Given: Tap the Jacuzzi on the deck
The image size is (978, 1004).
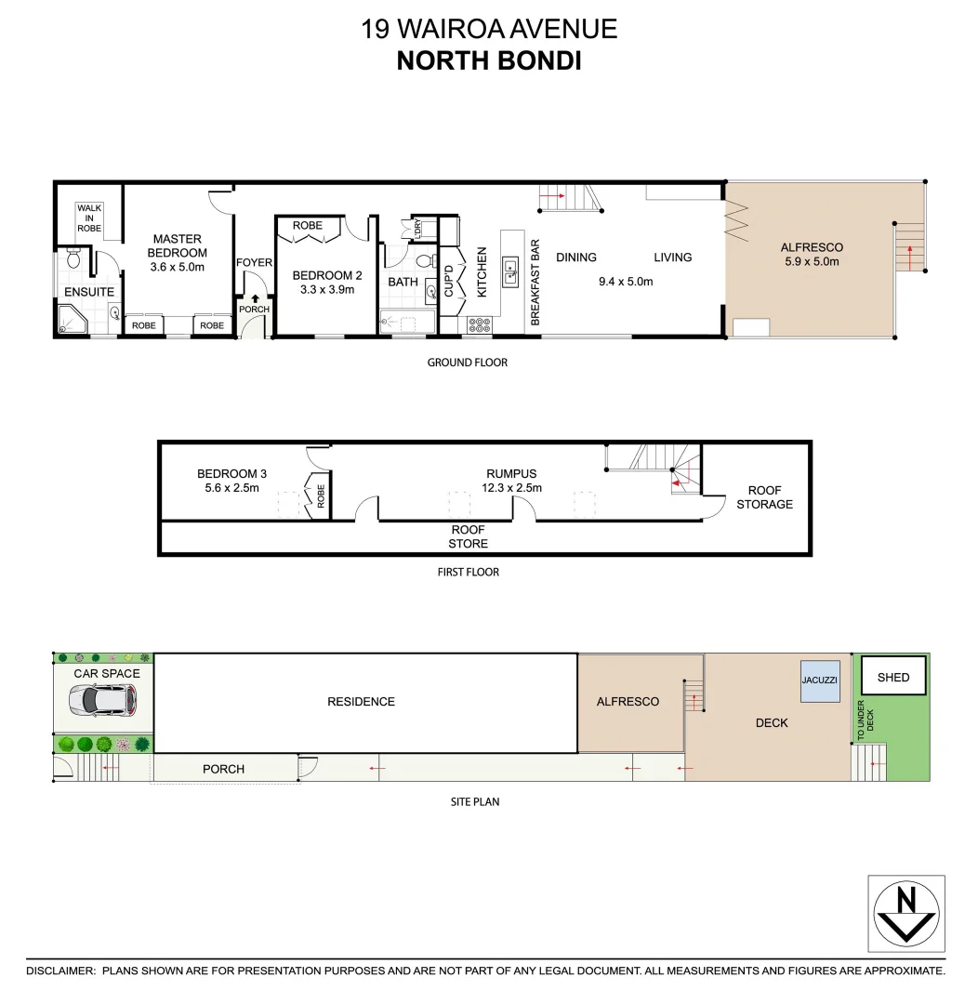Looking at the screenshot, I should click(819, 680).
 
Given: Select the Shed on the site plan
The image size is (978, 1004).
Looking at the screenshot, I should click(892, 677).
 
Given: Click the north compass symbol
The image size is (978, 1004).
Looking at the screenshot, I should click(906, 913).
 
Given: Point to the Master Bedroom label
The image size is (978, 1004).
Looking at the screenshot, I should click(178, 246).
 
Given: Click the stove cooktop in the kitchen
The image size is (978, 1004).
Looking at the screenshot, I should click(479, 325).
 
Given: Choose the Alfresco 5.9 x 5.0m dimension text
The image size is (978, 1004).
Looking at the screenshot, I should click(811, 261).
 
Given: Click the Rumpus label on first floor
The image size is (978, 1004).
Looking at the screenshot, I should click(511, 473).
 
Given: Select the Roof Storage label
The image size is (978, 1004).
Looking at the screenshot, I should click(765, 497).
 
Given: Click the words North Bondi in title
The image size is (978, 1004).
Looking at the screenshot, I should click(488, 60).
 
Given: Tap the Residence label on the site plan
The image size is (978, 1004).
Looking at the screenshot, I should click(361, 702).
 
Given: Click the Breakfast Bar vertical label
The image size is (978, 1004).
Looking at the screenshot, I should click(535, 282).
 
